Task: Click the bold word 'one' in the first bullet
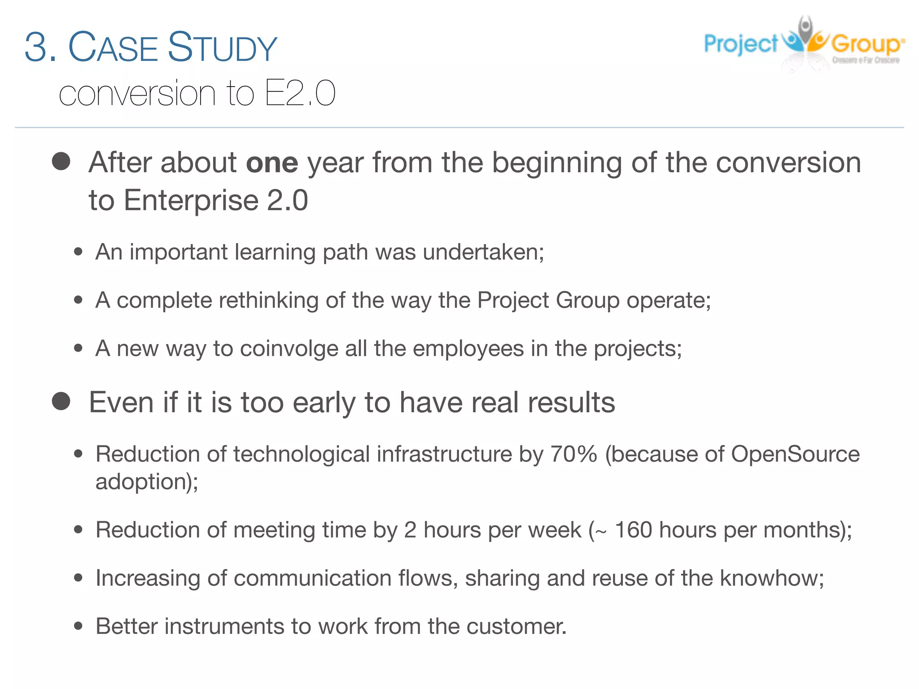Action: coord(272,162)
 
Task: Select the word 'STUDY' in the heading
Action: coord(223,48)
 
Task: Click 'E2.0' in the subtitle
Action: coord(300,93)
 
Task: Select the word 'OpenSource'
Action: coord(795,454)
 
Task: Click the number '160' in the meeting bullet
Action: coord(633,530)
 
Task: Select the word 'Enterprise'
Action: coord(191,200)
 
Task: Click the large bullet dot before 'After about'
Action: coord(61,161)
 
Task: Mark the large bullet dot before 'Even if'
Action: coord(61,401)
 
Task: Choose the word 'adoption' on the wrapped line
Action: coord(140,482)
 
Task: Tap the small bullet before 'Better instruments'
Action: coord(79,626)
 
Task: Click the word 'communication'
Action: coord(312,578)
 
